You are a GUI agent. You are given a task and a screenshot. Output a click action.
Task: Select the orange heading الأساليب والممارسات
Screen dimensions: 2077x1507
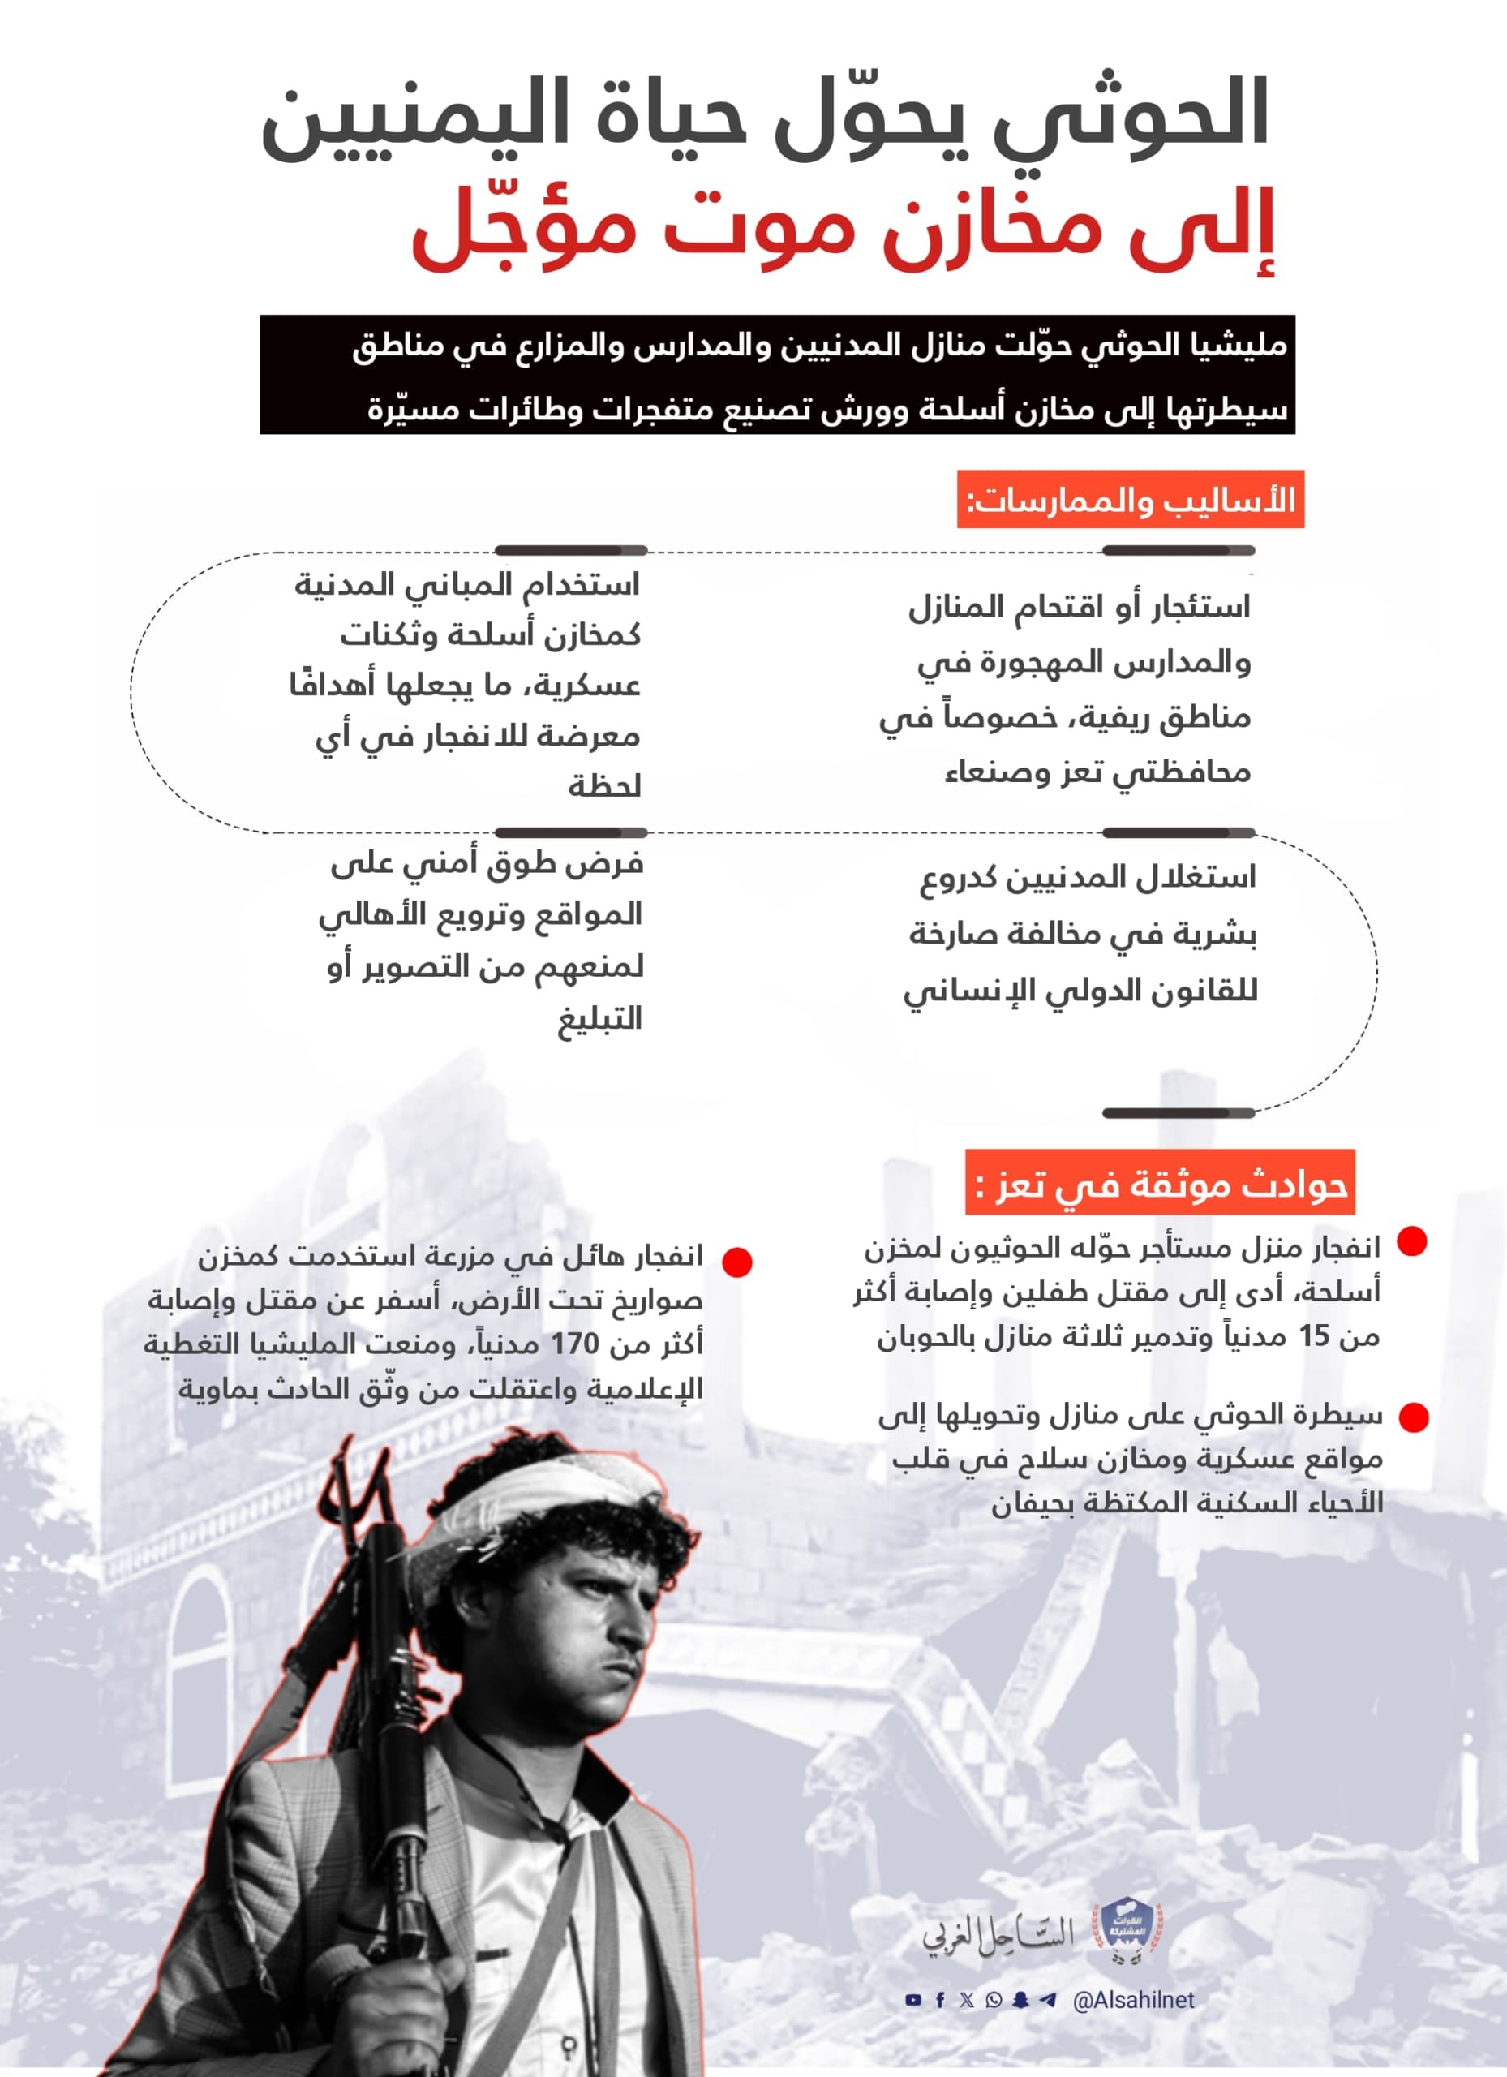[x=1131, y=500]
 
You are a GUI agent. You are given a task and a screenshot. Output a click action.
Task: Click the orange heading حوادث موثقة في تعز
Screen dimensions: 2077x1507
[x=1161, y=1183]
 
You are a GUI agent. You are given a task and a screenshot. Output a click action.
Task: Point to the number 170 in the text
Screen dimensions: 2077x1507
[x=574, y=1344]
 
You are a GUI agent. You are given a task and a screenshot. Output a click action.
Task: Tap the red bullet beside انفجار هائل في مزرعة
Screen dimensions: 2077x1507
[x=737, y=1262]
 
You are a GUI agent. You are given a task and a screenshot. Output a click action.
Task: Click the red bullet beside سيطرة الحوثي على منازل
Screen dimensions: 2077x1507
[x=1414, y=1417]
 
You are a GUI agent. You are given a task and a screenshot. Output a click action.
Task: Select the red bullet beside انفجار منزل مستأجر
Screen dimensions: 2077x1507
[x=1412, y=1242]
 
